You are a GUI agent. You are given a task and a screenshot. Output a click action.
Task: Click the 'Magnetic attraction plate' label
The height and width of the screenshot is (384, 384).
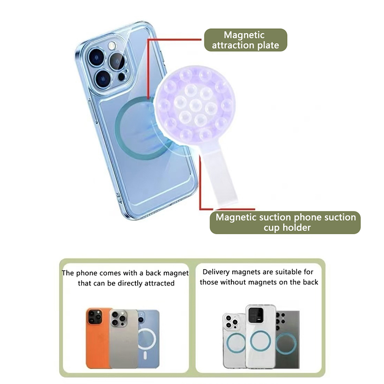(x=245, y=40)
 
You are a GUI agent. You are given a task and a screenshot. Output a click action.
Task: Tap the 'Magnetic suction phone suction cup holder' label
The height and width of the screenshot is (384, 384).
(x=285, y=222)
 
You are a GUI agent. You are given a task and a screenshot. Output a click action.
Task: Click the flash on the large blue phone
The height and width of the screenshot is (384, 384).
(x=112, y=45)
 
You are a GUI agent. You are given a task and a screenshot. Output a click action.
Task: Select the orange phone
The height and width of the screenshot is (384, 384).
(x=98, y=338)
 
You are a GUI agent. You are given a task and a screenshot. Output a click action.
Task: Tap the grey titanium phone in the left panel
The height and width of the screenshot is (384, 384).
(x=124, y=339)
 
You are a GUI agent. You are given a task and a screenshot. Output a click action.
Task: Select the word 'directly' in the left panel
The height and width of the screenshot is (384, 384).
(x=130, y=283)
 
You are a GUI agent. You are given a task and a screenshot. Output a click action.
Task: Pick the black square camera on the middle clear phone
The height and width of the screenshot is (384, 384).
(x=256, y=315)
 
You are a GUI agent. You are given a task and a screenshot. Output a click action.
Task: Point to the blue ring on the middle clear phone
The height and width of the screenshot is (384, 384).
(x=261, y=341)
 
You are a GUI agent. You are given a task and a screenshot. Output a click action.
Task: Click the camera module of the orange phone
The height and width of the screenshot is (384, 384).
(x=95, y=317)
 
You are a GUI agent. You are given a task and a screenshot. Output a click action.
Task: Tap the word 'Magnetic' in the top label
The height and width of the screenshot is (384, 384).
(x=244, y=35)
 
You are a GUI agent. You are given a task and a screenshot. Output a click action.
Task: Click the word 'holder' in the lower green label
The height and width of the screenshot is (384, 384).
(x=297, y=228)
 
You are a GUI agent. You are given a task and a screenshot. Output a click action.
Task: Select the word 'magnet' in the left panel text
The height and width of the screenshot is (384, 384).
(x=176, y=273)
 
